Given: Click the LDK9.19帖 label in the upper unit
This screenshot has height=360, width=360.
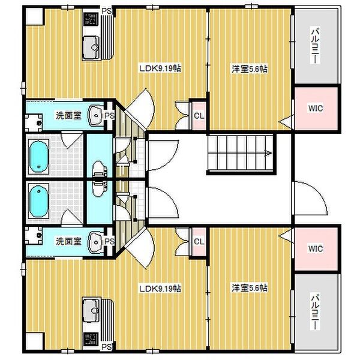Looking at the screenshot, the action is (x=160, y=68).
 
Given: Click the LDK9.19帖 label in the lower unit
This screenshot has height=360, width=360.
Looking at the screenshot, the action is (x=160, y=289).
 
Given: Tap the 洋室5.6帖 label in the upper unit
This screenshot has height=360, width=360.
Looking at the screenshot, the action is (x=250, y=68).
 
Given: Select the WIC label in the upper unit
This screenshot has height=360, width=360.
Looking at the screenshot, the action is (x=316, y=109).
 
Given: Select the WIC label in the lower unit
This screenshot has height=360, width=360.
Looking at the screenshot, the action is (x=316, y=248).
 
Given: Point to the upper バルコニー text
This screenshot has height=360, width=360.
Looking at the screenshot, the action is (x=315, y=46).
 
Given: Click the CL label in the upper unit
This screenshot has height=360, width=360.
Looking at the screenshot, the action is (x=199, y=116).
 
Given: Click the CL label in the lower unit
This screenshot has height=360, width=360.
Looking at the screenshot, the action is (x=199, y=242).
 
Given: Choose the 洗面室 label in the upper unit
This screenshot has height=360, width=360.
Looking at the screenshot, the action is (x=68, y=115).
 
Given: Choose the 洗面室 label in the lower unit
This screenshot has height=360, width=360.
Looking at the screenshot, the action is (x=68, y=241).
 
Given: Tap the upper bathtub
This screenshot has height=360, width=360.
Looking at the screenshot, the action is (x=38, y=157).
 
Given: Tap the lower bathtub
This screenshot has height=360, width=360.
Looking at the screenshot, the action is (x=38, y=201).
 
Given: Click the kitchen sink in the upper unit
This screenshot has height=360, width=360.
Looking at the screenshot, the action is (x=91, y=47).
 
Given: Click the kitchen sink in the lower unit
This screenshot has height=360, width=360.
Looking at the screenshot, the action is (x=91, y=310).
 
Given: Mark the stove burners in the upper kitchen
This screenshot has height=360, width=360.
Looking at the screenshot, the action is (x=91, y=19).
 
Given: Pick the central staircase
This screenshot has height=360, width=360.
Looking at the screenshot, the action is (x=241, y=153).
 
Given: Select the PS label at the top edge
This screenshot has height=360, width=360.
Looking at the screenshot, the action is (x=107, y=11).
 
